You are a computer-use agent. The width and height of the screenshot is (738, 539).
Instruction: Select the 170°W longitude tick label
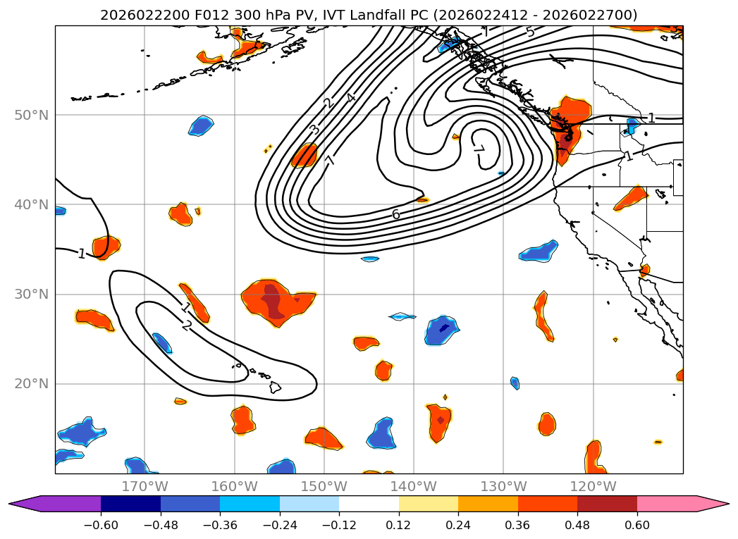coord(144,486)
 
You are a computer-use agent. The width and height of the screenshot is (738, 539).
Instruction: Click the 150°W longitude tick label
coord(324,486)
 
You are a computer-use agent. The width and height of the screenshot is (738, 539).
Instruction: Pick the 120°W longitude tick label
coord(593,486)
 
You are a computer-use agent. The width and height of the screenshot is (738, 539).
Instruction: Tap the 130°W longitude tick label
coord(503,486)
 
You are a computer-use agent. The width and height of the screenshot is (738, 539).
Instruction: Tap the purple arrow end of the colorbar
coord(21,503)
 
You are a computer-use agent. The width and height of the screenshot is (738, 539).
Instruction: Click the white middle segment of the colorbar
coord(369,503)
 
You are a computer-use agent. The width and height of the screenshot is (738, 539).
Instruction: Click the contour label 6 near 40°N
coord(396,214)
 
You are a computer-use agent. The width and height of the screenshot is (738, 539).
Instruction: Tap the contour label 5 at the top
coord(530,32)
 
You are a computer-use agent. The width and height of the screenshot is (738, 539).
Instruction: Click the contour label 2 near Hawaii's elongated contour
coord(186,325)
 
